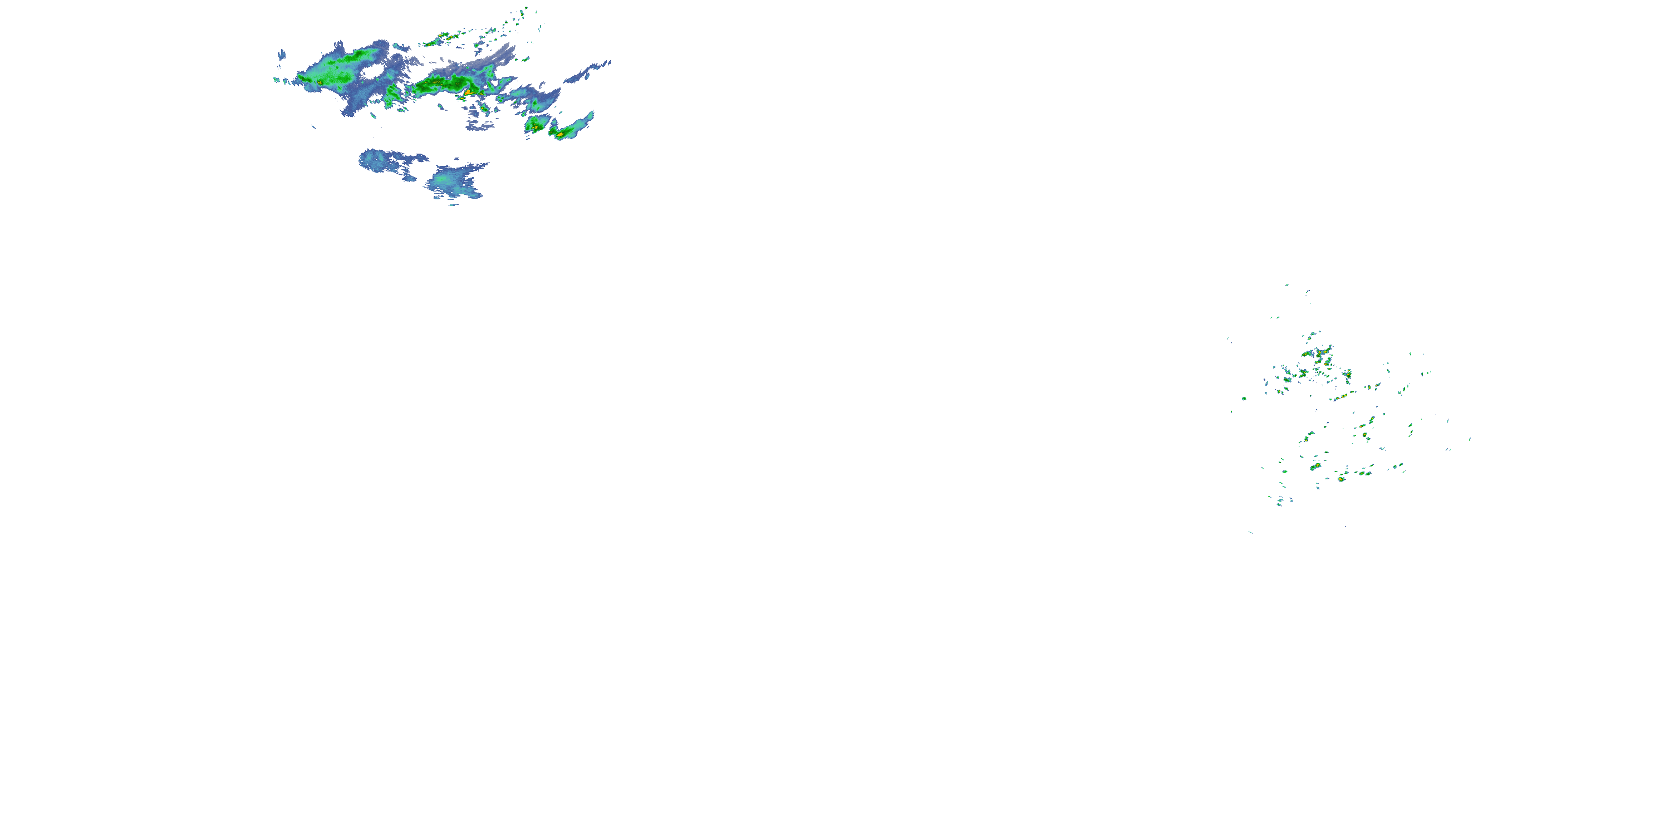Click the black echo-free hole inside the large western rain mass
(371, 72)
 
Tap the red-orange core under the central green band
(467, 94)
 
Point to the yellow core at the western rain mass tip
(320, 83)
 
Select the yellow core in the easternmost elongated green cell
(559, 135)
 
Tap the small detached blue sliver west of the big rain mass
(281, 56)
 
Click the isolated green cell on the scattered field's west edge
(1244, 398)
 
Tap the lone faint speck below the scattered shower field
(1250, 532)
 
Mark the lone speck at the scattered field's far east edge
(1470, 439)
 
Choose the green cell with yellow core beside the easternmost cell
(535, 125)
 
